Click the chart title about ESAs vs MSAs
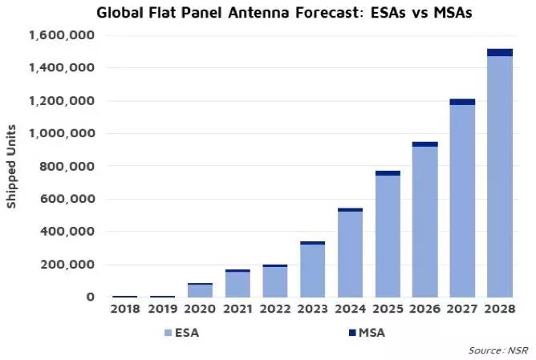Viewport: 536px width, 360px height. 274,13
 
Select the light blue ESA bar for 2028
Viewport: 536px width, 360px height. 500,176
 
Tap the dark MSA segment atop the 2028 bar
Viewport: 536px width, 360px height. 500,52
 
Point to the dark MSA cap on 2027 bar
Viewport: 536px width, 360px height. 462,102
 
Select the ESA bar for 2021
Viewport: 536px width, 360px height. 238,285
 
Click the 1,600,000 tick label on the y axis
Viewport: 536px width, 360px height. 61,36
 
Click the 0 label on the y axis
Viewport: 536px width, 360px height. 89,297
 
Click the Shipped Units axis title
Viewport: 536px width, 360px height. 12,167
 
